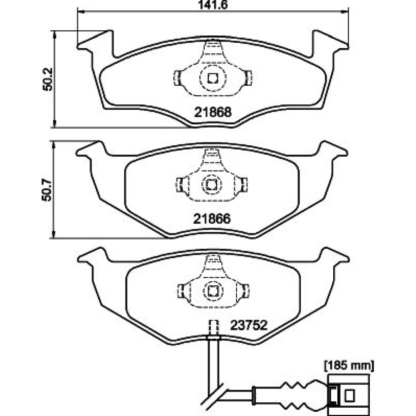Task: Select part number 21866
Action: [x=212, y=218]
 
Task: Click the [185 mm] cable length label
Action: [x=349, y=366]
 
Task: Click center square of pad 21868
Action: [x=213, y=78]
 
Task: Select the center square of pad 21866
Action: [x=212, y=183]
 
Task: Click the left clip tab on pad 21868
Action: [x=176, y=77]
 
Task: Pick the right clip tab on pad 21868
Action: [x=249, y=77]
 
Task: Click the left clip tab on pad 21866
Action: [x=180, y=183]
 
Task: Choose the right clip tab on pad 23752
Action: [x=245, y=290]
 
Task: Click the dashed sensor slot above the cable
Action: [x=214, y=327]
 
